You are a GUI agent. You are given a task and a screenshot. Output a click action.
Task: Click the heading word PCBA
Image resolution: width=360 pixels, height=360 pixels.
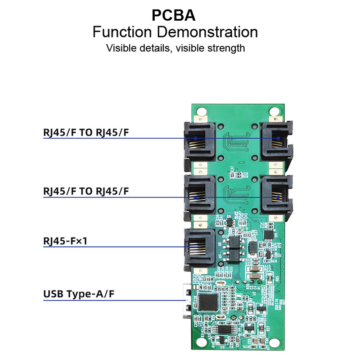pos(173,15)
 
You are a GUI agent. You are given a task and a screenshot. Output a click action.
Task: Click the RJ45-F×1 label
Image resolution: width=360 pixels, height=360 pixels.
pos(65,242)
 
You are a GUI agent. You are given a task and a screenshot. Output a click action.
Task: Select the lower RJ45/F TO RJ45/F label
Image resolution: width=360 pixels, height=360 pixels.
pos(86,191)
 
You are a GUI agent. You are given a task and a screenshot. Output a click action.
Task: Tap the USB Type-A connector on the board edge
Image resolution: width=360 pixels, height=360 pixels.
pos(185,302)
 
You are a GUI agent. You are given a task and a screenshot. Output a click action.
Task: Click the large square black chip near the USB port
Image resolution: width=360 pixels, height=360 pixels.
pos(208,302)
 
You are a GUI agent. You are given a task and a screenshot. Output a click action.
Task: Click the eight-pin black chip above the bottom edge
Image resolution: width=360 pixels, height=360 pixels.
pos(224,329)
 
